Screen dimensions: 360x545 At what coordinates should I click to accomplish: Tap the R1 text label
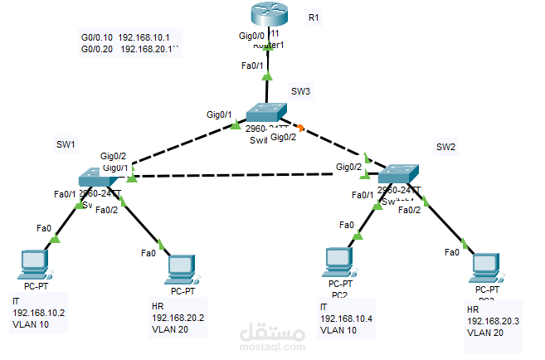(313, 17)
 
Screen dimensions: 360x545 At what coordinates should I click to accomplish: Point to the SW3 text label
(299, 90)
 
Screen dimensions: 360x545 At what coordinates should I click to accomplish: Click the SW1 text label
(66, 144)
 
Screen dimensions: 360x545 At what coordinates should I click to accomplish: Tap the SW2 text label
(447, 147)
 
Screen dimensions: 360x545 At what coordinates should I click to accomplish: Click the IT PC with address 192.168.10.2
(34, 265)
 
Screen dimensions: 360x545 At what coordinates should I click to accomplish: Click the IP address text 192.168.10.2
(39, 312)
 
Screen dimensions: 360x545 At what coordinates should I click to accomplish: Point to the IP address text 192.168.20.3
(493, 321)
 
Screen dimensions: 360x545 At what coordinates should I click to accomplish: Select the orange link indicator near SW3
(301, 128)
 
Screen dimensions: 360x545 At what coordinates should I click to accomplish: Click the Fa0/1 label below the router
(252, 66)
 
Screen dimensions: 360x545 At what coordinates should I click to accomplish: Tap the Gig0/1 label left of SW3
(219, 115)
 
